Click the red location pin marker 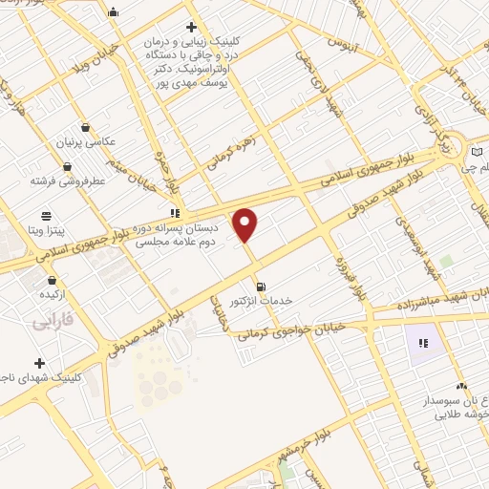pos(246,224)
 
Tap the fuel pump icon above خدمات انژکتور pos(261,286)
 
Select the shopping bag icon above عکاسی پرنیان pos(87,126)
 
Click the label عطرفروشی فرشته pos(67,179)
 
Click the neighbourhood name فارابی pos(54,322)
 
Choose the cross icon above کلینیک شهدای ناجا pos(39,363)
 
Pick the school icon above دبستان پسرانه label pos(174,213)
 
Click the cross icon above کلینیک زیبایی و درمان pos(191,27)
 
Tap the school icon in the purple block pos(422,342)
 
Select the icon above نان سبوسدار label pos(461,386)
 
